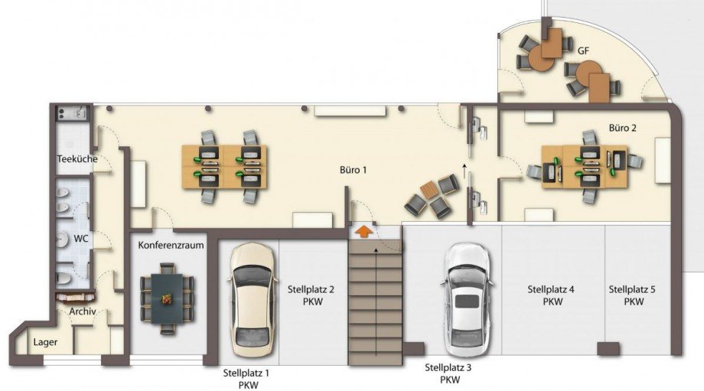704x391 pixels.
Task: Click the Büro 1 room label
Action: click(353, 170)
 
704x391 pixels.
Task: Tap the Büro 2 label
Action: click(622, 128)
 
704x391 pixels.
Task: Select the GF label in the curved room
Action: click(583, 51)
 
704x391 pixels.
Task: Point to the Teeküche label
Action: click(77, 159)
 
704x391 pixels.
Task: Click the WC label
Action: click(81, 239)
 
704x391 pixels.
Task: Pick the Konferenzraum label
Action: click(171, 245)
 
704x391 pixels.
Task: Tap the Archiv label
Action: click(83, 311)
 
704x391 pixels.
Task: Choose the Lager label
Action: click(45, 342)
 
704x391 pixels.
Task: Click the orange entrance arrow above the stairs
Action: click(363, 232)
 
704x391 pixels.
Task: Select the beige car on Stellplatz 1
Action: click(252, 300)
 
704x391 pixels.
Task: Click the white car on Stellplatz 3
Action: click(467, 300)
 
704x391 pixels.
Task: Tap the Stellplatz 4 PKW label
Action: click(551, 295)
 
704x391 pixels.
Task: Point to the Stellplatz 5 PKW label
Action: click(632, 295)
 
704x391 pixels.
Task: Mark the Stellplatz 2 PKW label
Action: click(311, 295)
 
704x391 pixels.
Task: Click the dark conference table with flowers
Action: click(167, 299)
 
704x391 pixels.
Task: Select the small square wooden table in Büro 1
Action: click(428, 190)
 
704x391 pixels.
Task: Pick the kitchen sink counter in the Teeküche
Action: click(72, 112)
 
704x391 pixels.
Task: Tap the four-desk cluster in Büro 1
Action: click(224, 167)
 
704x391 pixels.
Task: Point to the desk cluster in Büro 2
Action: click(584, 167)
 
